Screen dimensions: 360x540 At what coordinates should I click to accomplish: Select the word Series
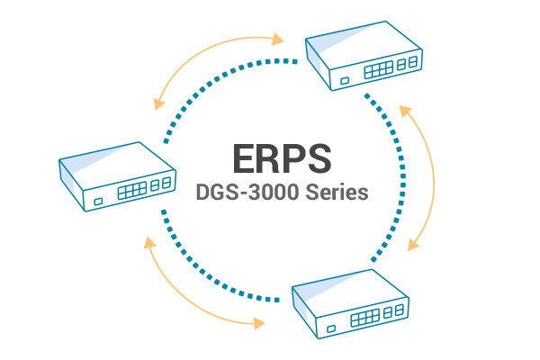pos(335,194)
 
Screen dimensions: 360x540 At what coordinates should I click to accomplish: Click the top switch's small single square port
pos(346,83)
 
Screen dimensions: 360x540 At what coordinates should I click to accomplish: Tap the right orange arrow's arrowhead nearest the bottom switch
pos(413,244)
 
